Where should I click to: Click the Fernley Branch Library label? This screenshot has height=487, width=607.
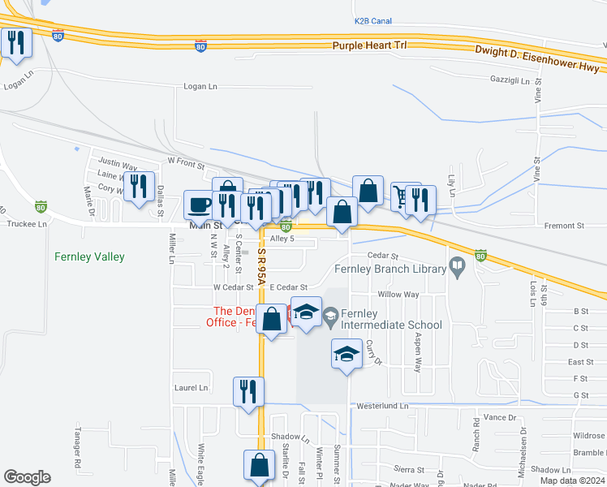(x=390, y=269)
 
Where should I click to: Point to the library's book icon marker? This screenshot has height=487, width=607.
(x=457, y=265)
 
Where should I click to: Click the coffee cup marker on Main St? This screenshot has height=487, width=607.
(x=199, y=205)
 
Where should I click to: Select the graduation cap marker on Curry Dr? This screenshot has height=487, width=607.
(x=347, y=354)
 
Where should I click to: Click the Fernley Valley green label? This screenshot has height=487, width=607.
(x=89, y=257)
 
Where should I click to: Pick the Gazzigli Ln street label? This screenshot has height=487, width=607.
(x=510, y=81)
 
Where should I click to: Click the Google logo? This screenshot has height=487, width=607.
(x=27, y=477)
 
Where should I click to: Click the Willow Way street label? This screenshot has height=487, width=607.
(x=398, y=295)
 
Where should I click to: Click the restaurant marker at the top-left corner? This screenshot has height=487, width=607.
(x=16, y=42)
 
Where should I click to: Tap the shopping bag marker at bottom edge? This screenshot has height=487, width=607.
(x=259, y=466)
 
